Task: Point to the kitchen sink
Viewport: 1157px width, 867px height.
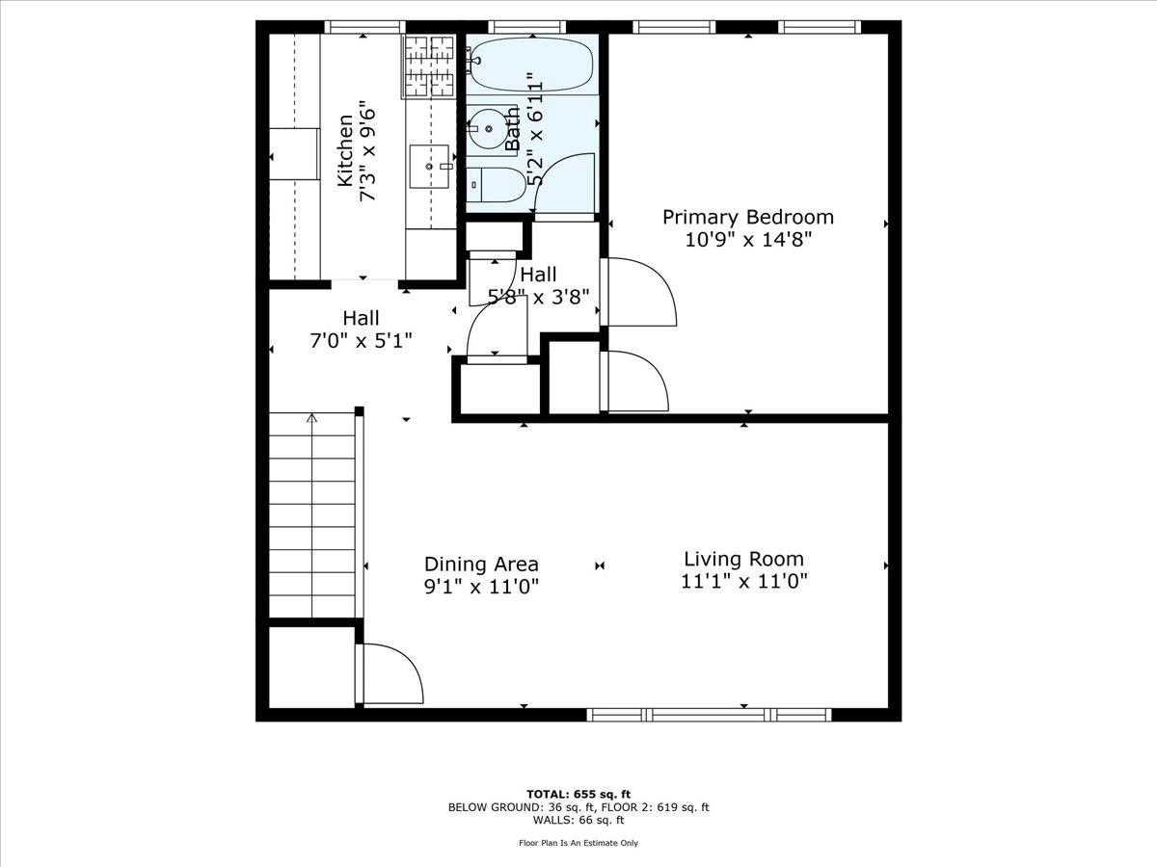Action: [x=430, y=166]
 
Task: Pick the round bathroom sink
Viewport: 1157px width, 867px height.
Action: [x=487, y=128]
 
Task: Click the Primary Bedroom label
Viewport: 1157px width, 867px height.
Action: [x=747, y=217]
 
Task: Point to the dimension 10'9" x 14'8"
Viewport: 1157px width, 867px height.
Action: [x=747, y=240]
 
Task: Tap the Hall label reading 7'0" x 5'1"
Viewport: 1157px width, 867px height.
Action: [x=361, y=340]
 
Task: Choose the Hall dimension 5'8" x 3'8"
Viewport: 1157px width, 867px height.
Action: [x=538, y=298]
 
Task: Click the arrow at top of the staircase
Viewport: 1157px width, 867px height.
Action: [x=311, y=418]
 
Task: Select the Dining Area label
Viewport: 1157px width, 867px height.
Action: [x=481, y=565]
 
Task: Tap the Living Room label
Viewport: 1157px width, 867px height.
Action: [x=743, y=559]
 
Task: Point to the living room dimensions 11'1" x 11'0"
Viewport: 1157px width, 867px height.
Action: [x=743, y=581]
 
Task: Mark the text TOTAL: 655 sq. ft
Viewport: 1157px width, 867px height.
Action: [x=578, y=794]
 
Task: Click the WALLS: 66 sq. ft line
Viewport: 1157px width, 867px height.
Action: [x=578, y=821]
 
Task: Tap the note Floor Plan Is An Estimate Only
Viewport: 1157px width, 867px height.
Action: [x=578, y=843]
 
